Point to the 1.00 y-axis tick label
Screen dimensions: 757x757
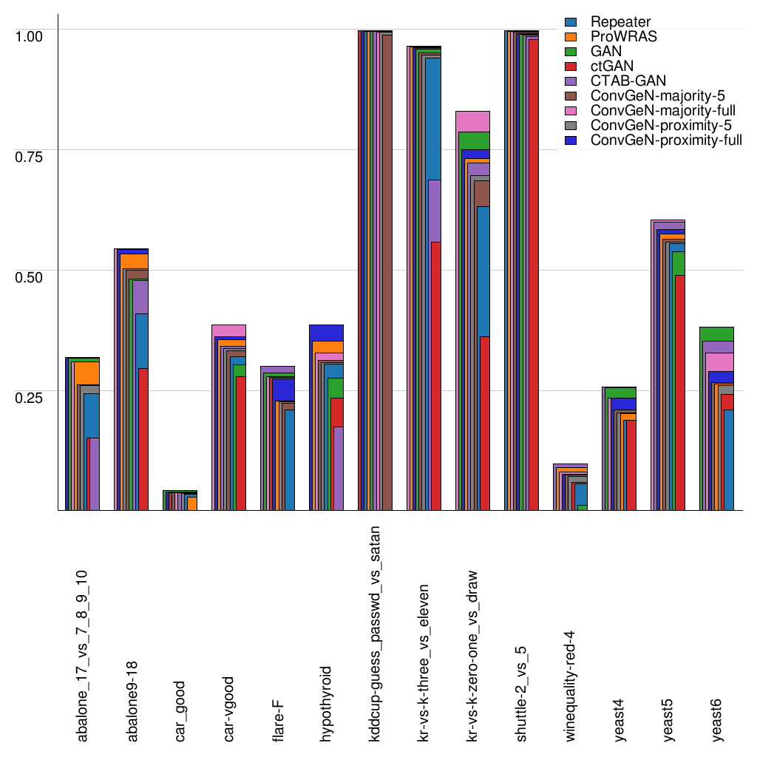point(30,35)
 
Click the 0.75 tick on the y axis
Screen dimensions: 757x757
point(30,156)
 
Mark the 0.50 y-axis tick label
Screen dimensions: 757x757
point(30,276)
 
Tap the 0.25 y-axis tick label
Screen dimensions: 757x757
point(30,397)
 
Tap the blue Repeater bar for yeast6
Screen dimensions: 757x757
point(728,459)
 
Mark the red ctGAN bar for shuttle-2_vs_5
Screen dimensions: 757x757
point(533,274)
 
